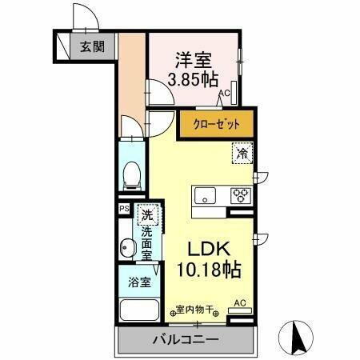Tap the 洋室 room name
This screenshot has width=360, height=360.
pyautogui.click(x=193, y=59)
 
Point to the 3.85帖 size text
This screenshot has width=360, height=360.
pyautogui.click(x=193, y=79)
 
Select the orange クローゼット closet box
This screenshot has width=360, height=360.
pyautogui.click(x=215, y=124)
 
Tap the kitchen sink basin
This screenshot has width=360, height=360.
pyautogui.click(x=204, y=195)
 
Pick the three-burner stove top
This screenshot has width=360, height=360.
pyautogui.click(x=241, y=194)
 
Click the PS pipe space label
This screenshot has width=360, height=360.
pyautogui.click(x=123, y=210)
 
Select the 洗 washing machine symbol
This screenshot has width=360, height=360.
pyautogui.click(x=146, y=214)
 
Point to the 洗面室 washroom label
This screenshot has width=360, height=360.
pyautogui.click(x=146, y=243)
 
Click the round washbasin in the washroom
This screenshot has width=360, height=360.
pyautogui.click(x=126, y=249)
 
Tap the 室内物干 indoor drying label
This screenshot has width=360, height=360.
pyautogui.click(x=194, y=309)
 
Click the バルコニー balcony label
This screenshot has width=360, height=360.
pyautogui.click(x=185, y=341)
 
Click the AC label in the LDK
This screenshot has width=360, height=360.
pyautogui.click(x=238, y=303)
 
